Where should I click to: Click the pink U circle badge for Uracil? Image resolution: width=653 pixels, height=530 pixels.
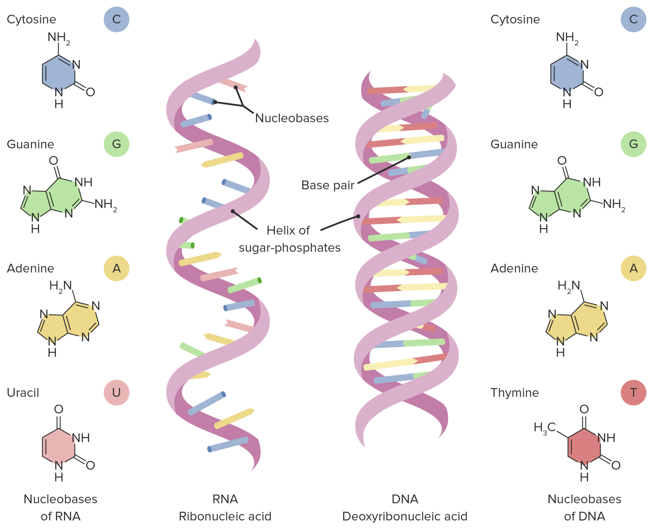pyautogui.click(x=116, y=392)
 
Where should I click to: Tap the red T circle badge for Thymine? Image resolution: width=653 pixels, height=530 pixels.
pyautogui.click(x=633, y=392)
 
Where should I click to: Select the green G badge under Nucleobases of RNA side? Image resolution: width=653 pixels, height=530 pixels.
pyautogui.click(x=116, y=144)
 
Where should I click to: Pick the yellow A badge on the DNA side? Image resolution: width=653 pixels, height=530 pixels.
pyautogui.click(x=633, y=268)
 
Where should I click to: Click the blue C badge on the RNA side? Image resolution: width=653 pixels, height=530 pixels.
pyautogui.click(x=116, y=19)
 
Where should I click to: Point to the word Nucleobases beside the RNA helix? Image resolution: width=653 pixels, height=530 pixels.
pyautogui.click(x=292, y=118)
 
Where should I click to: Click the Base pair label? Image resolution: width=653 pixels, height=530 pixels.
pyautogui.click(x=328, y=185)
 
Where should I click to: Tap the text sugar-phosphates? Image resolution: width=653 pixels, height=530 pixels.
pyautogui.click(x=290, y=248)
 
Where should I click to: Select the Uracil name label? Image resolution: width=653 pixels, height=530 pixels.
pyautogui.click(x=23, y=393)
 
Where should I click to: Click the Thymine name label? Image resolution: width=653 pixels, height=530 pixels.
pyautogui.click(x=514, y=393)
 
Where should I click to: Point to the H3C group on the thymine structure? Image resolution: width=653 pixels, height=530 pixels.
pyautogui.click(x=545, y=427)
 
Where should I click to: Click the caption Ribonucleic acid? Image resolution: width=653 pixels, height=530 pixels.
pyautogui.click(x=225, y=516)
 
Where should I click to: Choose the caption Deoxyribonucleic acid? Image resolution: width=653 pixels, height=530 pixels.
pyautogui.click(x=405, y=516)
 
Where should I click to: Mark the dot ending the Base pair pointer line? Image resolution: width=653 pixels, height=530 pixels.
pyautogui.click(x=409, y=157)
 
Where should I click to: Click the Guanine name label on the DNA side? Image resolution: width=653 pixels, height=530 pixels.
pyautogui.click(x=514, y=144)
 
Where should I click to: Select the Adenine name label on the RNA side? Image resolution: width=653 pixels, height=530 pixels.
pyautogui.click(x=31, y=268)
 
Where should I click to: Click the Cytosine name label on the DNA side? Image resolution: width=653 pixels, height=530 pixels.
pyautogui.click(x=515, y=19)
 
